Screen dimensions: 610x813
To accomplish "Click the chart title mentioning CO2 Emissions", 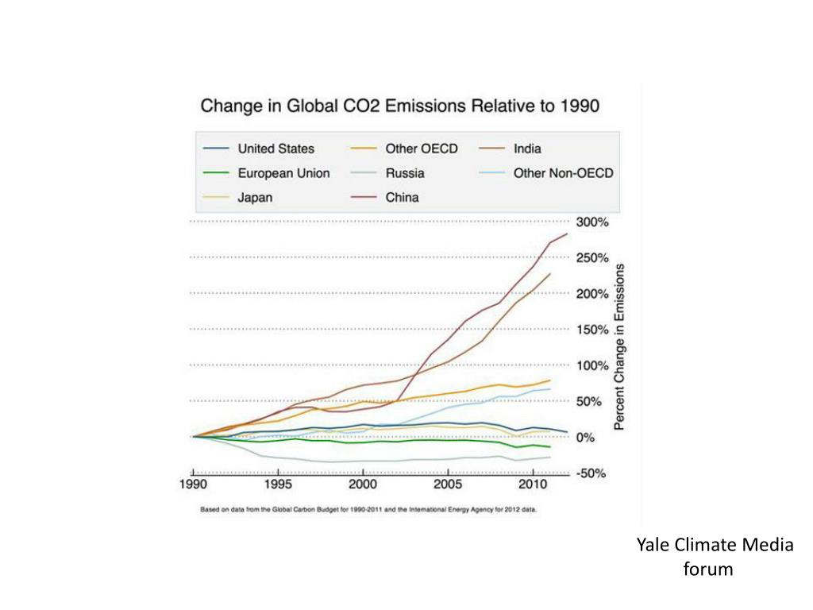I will pos(399,106).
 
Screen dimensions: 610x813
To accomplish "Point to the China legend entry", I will pos(402,198).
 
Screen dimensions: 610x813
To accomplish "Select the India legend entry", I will pos(527,149).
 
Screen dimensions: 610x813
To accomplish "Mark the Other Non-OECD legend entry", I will pos(563,173).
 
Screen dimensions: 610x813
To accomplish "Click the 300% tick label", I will pos(592,222).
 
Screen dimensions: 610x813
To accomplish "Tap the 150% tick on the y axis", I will pos(592,330).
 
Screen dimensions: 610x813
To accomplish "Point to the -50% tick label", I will pos(592,473).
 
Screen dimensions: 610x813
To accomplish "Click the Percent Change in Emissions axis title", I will pos(620,346).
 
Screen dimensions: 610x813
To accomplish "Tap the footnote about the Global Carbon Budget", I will pos(369,510).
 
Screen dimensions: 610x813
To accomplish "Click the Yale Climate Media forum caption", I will pos(715,557).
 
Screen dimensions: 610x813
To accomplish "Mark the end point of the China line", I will pos(567,234).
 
